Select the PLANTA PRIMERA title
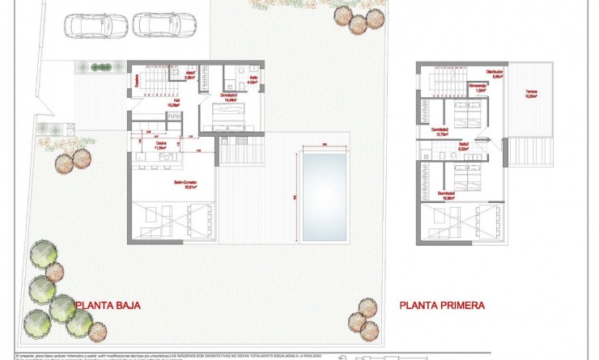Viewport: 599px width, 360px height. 442,306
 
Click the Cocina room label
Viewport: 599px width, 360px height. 160,146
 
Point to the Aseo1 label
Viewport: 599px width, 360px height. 191,75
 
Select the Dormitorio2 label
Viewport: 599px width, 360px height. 440,131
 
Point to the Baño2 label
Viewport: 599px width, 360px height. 464,148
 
